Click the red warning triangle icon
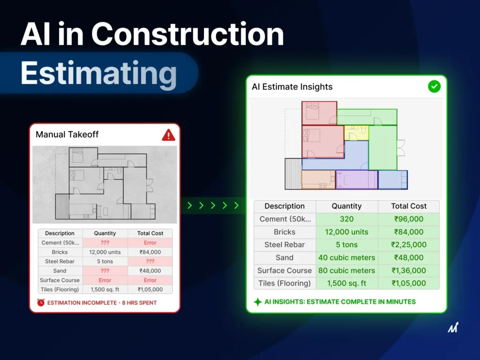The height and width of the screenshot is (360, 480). point(168,135)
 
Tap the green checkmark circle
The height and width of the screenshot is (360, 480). point(434,87)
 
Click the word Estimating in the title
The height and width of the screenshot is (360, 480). point(98,74)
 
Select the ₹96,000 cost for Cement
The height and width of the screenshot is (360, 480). point(409,219)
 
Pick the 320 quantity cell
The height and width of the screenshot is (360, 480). point(346,219)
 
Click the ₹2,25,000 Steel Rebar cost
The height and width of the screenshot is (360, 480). point(409,245)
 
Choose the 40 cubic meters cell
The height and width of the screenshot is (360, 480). point(346,258)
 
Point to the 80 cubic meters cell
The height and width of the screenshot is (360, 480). point(346,270)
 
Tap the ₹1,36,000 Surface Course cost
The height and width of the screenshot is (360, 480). point(409,270)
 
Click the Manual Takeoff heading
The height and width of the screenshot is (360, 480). point(67,135)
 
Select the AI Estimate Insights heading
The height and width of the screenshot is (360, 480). point(292,87)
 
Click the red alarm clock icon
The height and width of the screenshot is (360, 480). point(41,302)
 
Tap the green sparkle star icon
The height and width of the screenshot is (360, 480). point(258,302)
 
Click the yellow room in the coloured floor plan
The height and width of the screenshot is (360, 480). point(356,133)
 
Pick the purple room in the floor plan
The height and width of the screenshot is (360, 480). point(357,180)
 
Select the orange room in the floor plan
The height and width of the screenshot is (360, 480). point(318,180)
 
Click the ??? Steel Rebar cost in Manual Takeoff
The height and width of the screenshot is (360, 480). point(150,262)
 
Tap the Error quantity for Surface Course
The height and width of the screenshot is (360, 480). point(105,280)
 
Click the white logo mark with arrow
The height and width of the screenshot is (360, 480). point(453,327)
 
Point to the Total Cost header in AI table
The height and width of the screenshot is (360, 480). point(409,206)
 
